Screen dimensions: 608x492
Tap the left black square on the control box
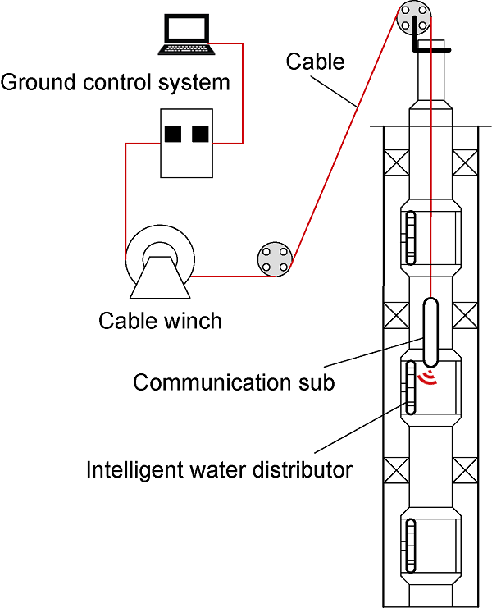click(172, 133)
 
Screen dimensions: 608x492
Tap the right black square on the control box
click(200, 133)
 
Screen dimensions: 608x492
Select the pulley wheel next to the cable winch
click(274, 260)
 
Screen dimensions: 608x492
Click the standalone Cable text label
click(316, 62)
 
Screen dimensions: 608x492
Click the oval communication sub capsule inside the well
click(430, 332)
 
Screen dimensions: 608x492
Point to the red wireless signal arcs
click(426, 377)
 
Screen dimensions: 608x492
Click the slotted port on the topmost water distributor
click(411, 238)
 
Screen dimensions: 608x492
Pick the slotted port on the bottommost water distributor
click(411, 546)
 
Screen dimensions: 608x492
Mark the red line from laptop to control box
click(243, 90)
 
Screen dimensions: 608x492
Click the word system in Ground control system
click(199, 83)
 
